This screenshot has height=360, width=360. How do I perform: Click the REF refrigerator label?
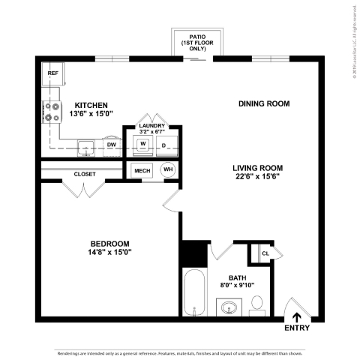[53, 73]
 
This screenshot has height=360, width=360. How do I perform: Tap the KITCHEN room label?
[91, 105]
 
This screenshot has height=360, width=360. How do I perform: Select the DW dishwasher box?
[111, 145]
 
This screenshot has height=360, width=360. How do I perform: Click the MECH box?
[142, 171]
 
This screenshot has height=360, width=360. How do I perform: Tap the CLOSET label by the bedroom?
[84, 174]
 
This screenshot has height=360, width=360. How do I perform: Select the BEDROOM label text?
[110, 244]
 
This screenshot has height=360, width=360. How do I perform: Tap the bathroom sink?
[228, 307]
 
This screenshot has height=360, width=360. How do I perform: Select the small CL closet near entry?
[265, 253]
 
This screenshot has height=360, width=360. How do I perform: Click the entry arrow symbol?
[297, 316]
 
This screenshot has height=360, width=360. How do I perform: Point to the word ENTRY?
[296, 328]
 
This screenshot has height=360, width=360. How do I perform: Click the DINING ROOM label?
[263, 103]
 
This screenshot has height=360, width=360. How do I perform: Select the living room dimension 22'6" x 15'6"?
[258, 178]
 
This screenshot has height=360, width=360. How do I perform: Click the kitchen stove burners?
[52, 111]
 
